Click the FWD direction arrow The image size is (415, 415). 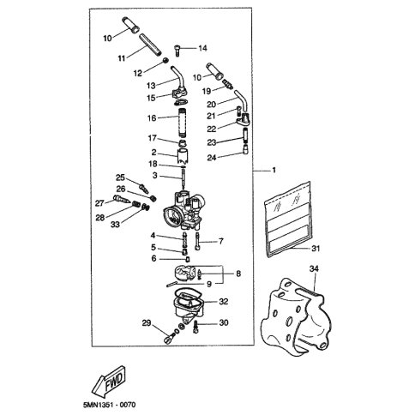click(109, 380)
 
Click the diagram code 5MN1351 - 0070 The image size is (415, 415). click(110, 405)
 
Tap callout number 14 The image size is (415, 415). click(202, 48)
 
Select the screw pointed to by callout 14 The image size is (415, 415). click(177, 51)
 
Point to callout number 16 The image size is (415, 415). click(152, 117)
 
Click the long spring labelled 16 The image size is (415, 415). click(183, 123)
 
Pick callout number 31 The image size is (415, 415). click(315, 249)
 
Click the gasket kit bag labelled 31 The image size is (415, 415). click(288, 220)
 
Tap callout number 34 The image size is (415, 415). click(314, 268)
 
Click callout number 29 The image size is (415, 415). click(147, 323)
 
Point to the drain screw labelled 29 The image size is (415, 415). click(168, 340)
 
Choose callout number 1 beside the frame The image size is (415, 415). click(274, 171)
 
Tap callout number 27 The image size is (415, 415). click(99, 203)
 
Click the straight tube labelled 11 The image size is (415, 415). click(150, 45)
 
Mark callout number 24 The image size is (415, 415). click(212, 158)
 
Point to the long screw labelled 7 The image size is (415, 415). click(197, 242)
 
